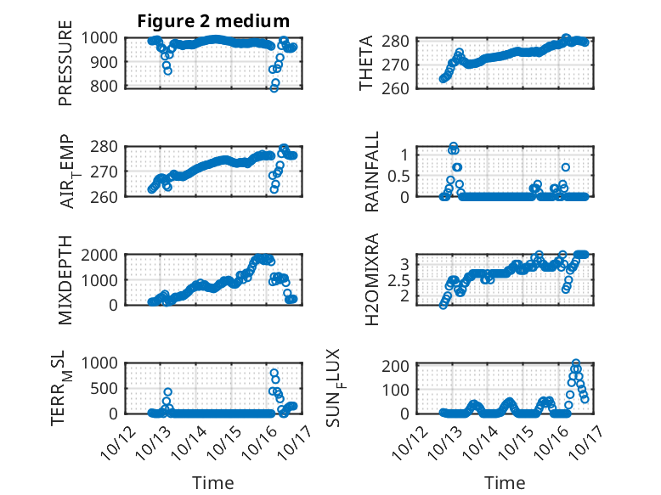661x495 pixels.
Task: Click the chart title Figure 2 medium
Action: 213,20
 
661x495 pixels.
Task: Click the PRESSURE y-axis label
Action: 65,63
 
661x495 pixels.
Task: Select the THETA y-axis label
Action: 366,63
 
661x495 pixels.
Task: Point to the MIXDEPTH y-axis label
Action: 65,279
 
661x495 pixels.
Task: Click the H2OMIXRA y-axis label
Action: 372,279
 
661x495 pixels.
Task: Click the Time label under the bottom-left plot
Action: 212,482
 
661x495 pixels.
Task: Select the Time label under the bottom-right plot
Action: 505,482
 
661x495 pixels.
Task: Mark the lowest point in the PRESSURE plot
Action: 274,88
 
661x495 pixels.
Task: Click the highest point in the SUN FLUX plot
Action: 576,363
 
